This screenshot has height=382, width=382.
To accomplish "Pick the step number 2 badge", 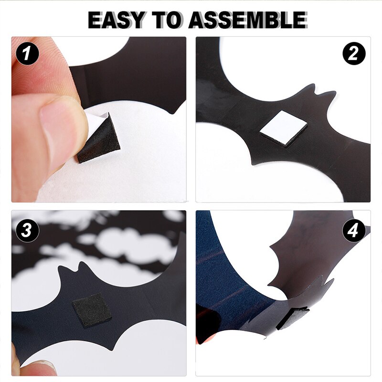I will click(354, 53).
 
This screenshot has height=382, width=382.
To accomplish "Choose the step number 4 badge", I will click(354, 230).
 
